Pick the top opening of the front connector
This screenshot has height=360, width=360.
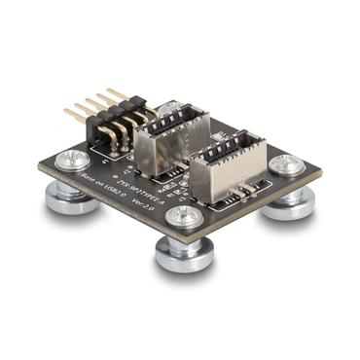coord(229,152)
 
